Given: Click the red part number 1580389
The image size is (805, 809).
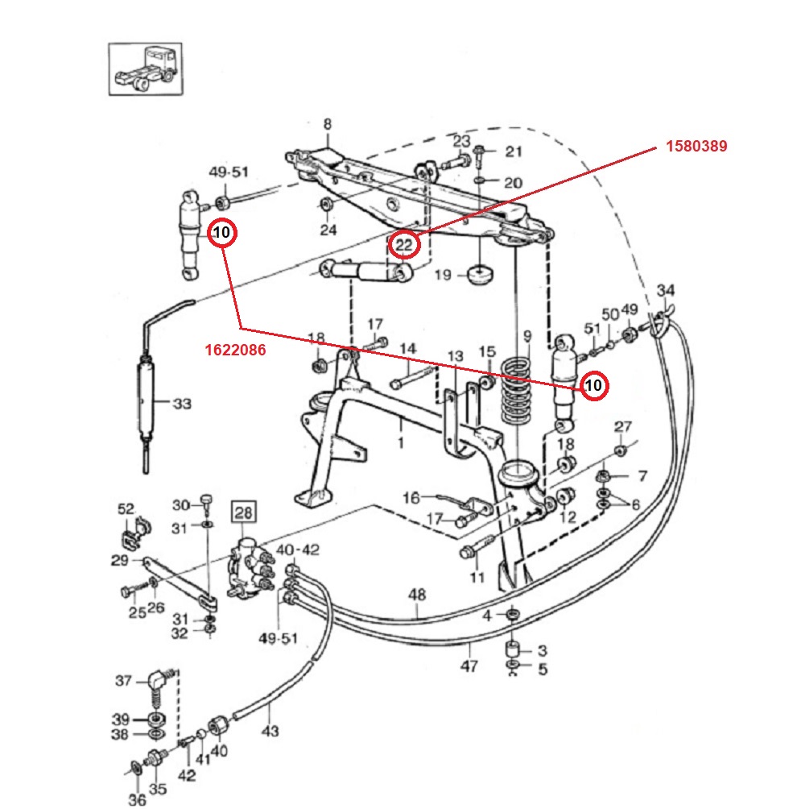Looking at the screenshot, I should (x=696, y=147).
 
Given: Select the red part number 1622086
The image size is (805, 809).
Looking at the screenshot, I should (x=234, y=351).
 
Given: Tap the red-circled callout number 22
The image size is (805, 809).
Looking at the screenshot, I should (x=406, y=243).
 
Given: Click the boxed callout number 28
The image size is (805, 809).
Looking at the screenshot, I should (x=243, y=512).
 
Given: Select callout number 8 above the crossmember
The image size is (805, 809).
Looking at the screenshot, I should (x=327, y=124).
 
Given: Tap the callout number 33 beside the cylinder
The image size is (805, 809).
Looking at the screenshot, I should (x=182, y=403).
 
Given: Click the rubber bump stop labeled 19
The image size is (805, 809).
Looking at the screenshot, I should (x=481, y=275).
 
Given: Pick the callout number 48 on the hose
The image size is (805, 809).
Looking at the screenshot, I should (x=416, y=595).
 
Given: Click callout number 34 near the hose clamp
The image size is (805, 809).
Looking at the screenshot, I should (x=666, y=291).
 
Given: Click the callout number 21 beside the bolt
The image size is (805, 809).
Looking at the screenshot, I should (x=514, y=151).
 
